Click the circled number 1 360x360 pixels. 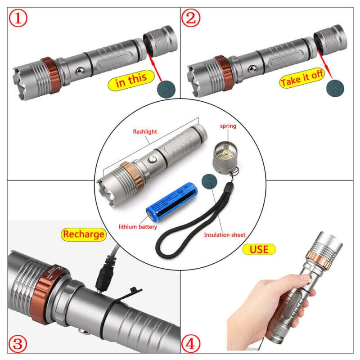(x=17, y=18)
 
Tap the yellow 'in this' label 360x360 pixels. (x=131, y=80)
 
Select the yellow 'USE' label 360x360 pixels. (x=259, y=248)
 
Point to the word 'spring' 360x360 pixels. (x=228, y=126)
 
